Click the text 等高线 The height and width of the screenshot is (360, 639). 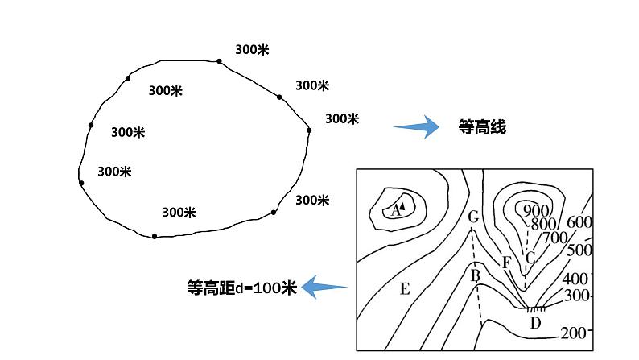point(482,126)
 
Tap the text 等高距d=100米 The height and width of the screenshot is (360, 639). point(241,288)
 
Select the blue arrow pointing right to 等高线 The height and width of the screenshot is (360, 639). point(416,126)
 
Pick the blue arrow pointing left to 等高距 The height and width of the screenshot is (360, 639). point(324,287)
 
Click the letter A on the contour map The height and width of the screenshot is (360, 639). point(395,210)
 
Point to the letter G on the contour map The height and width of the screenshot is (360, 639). point(473,217)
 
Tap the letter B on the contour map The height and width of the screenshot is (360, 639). point(475,276)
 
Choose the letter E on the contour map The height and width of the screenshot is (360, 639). point(405,289)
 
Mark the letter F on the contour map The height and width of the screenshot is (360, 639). point(506,263)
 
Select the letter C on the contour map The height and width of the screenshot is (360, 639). point(530,258)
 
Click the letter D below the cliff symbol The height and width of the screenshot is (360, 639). point(535,323)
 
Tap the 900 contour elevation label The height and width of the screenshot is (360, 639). point(536,210)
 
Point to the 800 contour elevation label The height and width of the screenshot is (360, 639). point(543,224)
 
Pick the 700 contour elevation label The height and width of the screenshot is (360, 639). point(556,238)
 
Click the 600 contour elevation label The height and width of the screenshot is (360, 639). point(579,222)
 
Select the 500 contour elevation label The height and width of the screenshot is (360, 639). point(579,250)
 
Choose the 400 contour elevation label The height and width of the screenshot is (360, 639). point(575,279)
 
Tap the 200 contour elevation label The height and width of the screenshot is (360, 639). point(573,333)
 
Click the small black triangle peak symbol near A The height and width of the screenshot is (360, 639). point(402,206)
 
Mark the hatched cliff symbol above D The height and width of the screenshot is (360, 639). point(536,309)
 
